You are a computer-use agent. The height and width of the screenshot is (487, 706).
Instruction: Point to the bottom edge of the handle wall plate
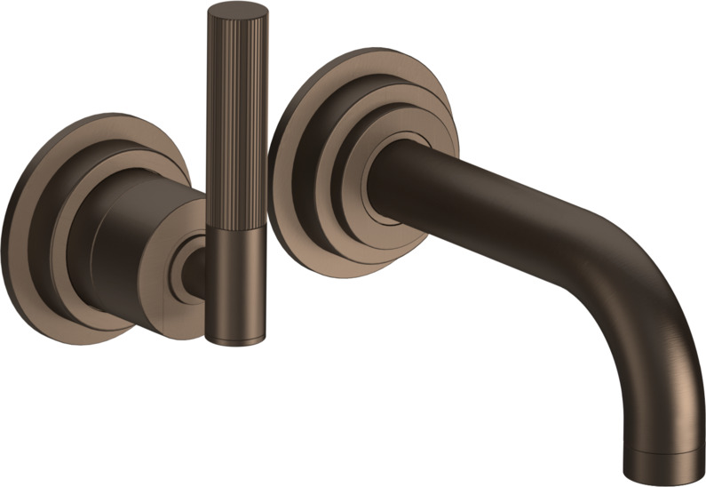[98, 333]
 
